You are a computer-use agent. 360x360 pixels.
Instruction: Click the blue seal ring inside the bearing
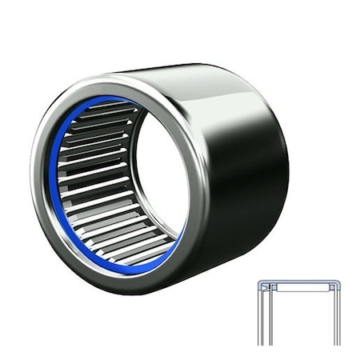pos(51,172)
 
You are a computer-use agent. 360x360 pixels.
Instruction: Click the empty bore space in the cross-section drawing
pos(300,320)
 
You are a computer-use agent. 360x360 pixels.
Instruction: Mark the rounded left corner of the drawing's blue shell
pos(260,283)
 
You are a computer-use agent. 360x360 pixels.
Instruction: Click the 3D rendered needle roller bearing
pos(160,176)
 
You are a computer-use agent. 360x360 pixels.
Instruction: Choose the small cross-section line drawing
pos(299,312)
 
